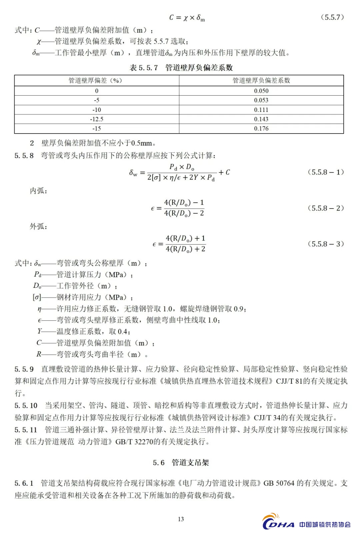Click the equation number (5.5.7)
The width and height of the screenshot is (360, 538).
point(332,17)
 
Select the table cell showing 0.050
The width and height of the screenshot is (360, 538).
point(261,91)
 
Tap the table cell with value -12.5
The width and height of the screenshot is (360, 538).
point(97,119)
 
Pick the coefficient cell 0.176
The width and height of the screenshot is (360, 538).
point(261,129)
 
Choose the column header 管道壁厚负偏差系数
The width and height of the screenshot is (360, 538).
point(261,81)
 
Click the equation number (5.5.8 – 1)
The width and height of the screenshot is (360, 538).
point(325,172)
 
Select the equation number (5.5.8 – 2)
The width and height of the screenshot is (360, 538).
point(325,208)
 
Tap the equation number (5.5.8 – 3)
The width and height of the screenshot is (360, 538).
point(325,244)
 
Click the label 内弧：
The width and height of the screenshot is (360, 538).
point(39,191)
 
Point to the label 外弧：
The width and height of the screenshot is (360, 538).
point(39,227)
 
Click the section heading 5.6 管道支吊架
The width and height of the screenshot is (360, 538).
point(181,462)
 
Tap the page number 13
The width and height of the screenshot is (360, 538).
point(181,519)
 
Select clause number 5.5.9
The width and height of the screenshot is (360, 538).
point(24,369)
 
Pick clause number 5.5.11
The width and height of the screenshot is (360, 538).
point(26,430)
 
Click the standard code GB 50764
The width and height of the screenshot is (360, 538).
point(279,483)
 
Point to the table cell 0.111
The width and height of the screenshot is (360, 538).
point(261,110)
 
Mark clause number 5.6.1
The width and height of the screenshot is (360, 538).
point(24,483)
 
